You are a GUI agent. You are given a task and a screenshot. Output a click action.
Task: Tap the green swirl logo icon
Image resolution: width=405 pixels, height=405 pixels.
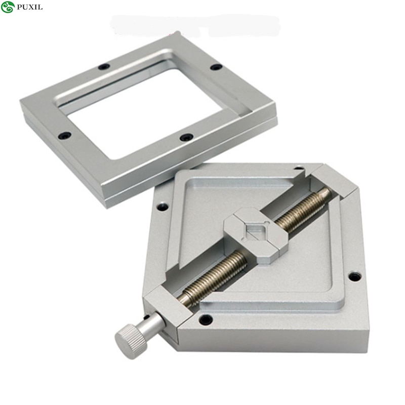pos(8,7)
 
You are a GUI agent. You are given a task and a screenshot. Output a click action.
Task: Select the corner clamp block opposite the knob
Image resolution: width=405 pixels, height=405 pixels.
pos(332,182)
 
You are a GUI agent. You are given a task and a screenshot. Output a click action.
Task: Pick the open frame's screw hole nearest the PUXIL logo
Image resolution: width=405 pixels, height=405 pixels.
pos(104,67)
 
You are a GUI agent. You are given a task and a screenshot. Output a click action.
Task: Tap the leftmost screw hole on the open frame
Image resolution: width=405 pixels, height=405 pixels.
pos(64,135)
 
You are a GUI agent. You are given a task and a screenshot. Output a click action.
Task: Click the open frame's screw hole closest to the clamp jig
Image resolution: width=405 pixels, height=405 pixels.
pos(186,137)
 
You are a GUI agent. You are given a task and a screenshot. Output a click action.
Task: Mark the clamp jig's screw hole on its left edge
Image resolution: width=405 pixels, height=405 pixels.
pos(162,207)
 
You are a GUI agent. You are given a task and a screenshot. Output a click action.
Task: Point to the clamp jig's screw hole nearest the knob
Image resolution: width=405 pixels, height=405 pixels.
pos(206,319)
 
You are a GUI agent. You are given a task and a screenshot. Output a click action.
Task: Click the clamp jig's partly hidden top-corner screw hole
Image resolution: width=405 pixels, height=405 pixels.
pos(300,168)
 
